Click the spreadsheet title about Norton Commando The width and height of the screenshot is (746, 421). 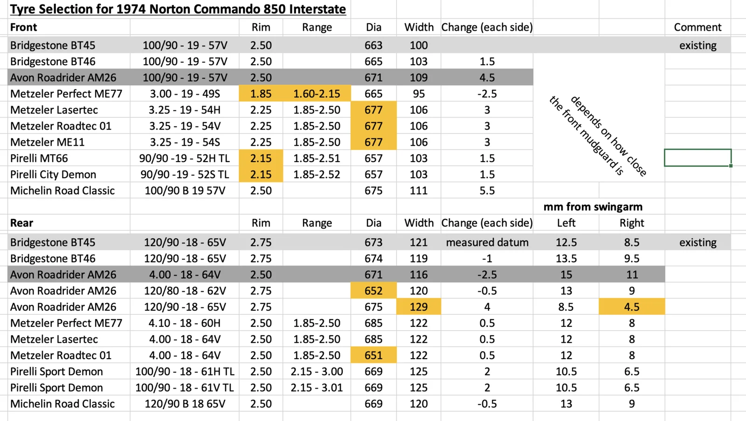point(178,9)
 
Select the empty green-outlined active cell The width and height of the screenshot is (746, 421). point(698,158)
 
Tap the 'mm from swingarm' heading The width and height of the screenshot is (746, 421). point(593,207)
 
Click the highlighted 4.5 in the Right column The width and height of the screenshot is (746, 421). point(632,307)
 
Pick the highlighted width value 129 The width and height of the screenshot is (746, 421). point(419,307)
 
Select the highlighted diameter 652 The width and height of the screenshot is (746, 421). point(373,291)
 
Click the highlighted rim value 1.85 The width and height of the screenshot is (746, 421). point(261,94)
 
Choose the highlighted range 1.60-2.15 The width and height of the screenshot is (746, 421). point(317,94)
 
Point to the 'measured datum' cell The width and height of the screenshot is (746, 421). point(487,242)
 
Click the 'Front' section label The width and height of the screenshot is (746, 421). point(24,27)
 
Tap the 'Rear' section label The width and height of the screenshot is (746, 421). point(22,223)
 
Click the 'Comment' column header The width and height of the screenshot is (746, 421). point(698,27)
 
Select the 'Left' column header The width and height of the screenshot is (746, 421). point(566,223)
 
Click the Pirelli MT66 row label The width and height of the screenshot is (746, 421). point(39,158)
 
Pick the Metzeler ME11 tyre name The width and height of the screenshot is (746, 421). point(48,142)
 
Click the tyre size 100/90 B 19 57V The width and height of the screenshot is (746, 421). point(185,190)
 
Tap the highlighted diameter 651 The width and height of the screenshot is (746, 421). point(373,355)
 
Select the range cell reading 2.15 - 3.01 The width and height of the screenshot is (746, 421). point(317,387)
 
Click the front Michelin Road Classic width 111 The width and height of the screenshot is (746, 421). point(419,190)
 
